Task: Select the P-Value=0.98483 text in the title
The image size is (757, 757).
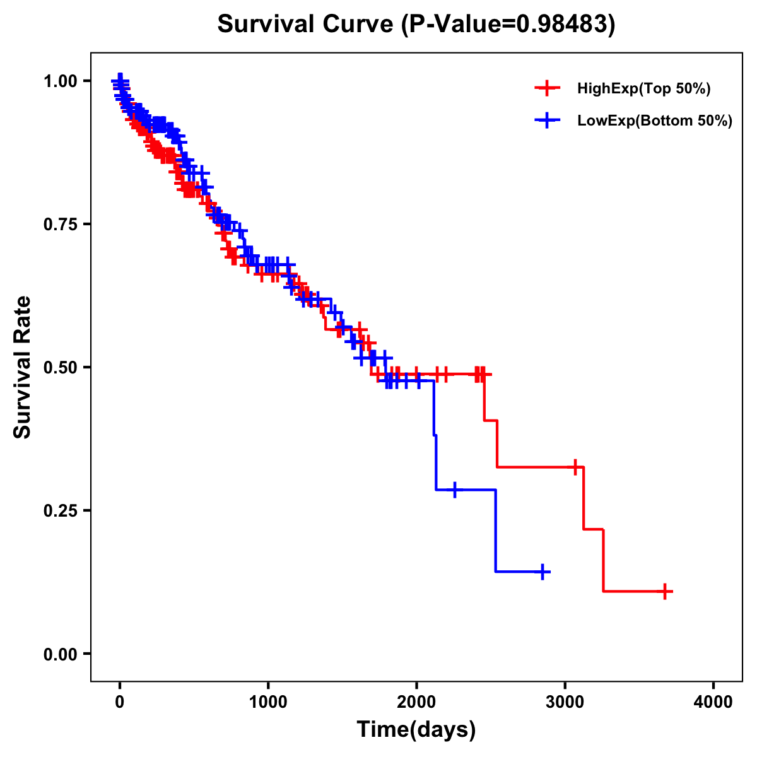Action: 508,24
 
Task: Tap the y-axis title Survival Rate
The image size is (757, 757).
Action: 23,367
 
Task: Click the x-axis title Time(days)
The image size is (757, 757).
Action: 416,730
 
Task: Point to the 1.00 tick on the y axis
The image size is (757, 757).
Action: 60,81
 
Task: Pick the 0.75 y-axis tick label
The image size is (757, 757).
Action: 60,225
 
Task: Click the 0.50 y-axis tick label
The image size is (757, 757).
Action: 60,367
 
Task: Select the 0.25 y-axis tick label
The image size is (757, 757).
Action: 60,510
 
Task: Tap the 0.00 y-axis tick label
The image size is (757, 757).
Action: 60,654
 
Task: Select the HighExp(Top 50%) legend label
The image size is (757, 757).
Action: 644,89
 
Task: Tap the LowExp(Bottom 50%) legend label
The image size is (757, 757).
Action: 655,120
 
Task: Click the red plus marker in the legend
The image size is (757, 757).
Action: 547,89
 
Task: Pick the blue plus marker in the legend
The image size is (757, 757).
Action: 547,120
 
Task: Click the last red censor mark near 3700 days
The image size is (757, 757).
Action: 665,591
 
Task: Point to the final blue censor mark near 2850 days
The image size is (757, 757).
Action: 542,572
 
